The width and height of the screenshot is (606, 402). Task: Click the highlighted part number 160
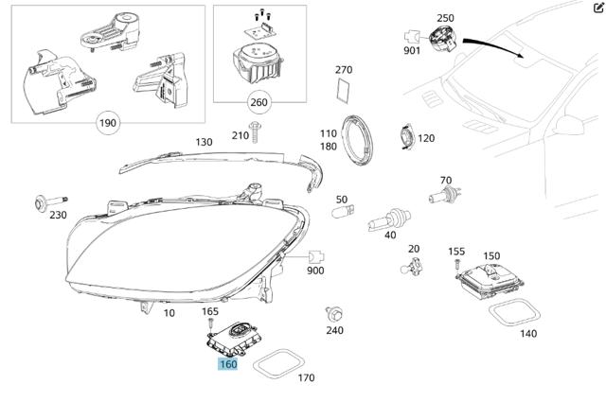click(x=227, y=364)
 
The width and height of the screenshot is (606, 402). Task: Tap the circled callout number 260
click(x=258, y=102)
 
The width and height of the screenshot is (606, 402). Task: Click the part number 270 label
click(x=344, y=70)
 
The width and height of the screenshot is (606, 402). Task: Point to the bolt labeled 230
click(x=49, y=201)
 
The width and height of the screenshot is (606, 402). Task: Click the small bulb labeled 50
click(x=342, y=214)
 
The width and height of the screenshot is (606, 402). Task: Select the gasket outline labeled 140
click(x=511, y=312)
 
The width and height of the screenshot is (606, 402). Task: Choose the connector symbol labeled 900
click(x=316, y=255)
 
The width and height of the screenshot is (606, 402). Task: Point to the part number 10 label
click(x=169, y=312)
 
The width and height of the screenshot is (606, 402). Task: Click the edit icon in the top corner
click(x=597, y=8)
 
